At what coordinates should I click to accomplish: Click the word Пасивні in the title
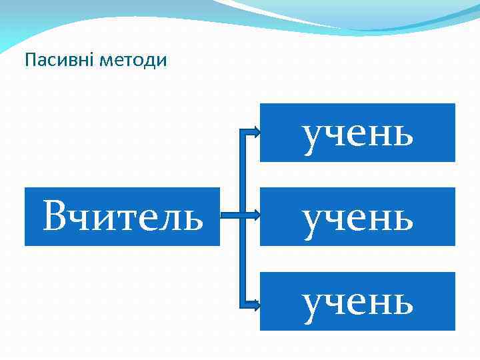click(x=59, y=61)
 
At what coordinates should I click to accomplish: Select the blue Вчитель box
click(x=122, y=217)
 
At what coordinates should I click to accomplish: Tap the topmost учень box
click(x=357, y=133)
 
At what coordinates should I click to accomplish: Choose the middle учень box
click(x=357, y=217)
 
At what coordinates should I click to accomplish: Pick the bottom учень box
click(x=357, y=301)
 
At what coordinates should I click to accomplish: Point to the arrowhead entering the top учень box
click(x=255, y=132)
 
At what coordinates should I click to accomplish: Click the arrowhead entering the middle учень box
click(x=255, y=216)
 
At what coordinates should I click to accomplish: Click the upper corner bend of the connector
click(x=241, y=132)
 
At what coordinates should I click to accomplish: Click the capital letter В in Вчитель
click(x=54, y=217)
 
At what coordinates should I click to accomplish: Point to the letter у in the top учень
click(x=314, y=137)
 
